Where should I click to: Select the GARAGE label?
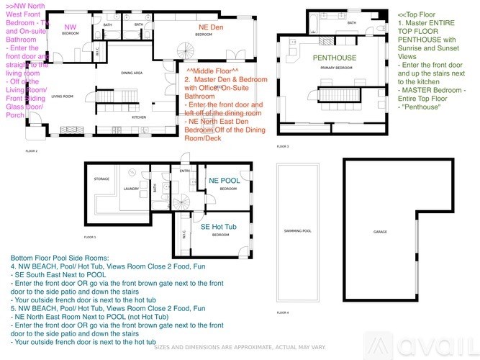click(x=379, y=233)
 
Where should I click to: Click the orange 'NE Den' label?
click(x=204, y=27)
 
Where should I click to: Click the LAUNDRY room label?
click(x=130, y=189)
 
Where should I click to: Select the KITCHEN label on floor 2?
click(x=139, y=117)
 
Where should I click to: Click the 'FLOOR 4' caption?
click(x=283, y=313)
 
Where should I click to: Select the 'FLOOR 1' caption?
click(x=89, y=237)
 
